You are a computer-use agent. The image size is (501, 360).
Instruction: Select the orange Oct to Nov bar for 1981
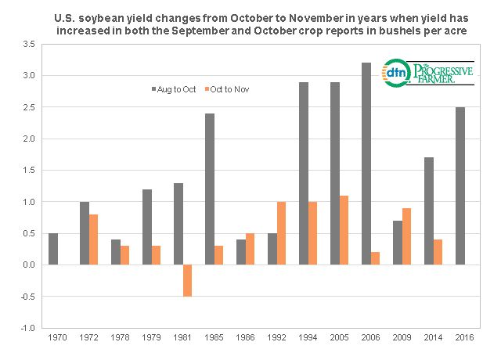pos(188,280)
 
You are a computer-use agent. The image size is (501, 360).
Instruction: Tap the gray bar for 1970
pos(53,249)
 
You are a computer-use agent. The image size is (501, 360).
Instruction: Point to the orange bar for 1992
pos(282,233)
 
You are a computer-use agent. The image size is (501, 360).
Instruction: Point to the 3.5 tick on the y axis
pos(30,45)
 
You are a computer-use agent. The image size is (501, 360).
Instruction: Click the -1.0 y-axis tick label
pos(29,328)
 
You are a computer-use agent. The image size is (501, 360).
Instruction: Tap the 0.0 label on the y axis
pos(30,265)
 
